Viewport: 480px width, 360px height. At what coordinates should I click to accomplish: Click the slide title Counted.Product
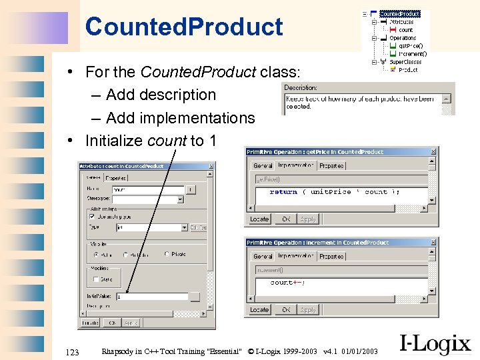click(184, 27)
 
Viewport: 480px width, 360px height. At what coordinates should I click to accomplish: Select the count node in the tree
click(406, 30)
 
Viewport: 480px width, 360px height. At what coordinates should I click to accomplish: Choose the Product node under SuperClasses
click(408, 69)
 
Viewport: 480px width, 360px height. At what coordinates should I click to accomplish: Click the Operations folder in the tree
click(403, 38)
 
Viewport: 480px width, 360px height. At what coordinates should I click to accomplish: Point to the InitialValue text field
click(152, 297)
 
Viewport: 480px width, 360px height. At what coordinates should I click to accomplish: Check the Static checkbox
click(97, 279)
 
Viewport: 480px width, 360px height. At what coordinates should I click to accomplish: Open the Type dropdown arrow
click(184, 227)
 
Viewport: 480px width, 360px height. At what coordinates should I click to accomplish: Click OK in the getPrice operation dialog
click(286, 219)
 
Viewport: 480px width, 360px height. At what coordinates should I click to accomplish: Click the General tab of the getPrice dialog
click(263, 165)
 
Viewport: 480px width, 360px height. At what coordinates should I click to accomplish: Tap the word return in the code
click(283, 192)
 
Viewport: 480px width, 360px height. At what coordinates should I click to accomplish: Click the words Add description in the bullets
click(161, 95)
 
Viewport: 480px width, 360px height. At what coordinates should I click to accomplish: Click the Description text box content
click(360, 103)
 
